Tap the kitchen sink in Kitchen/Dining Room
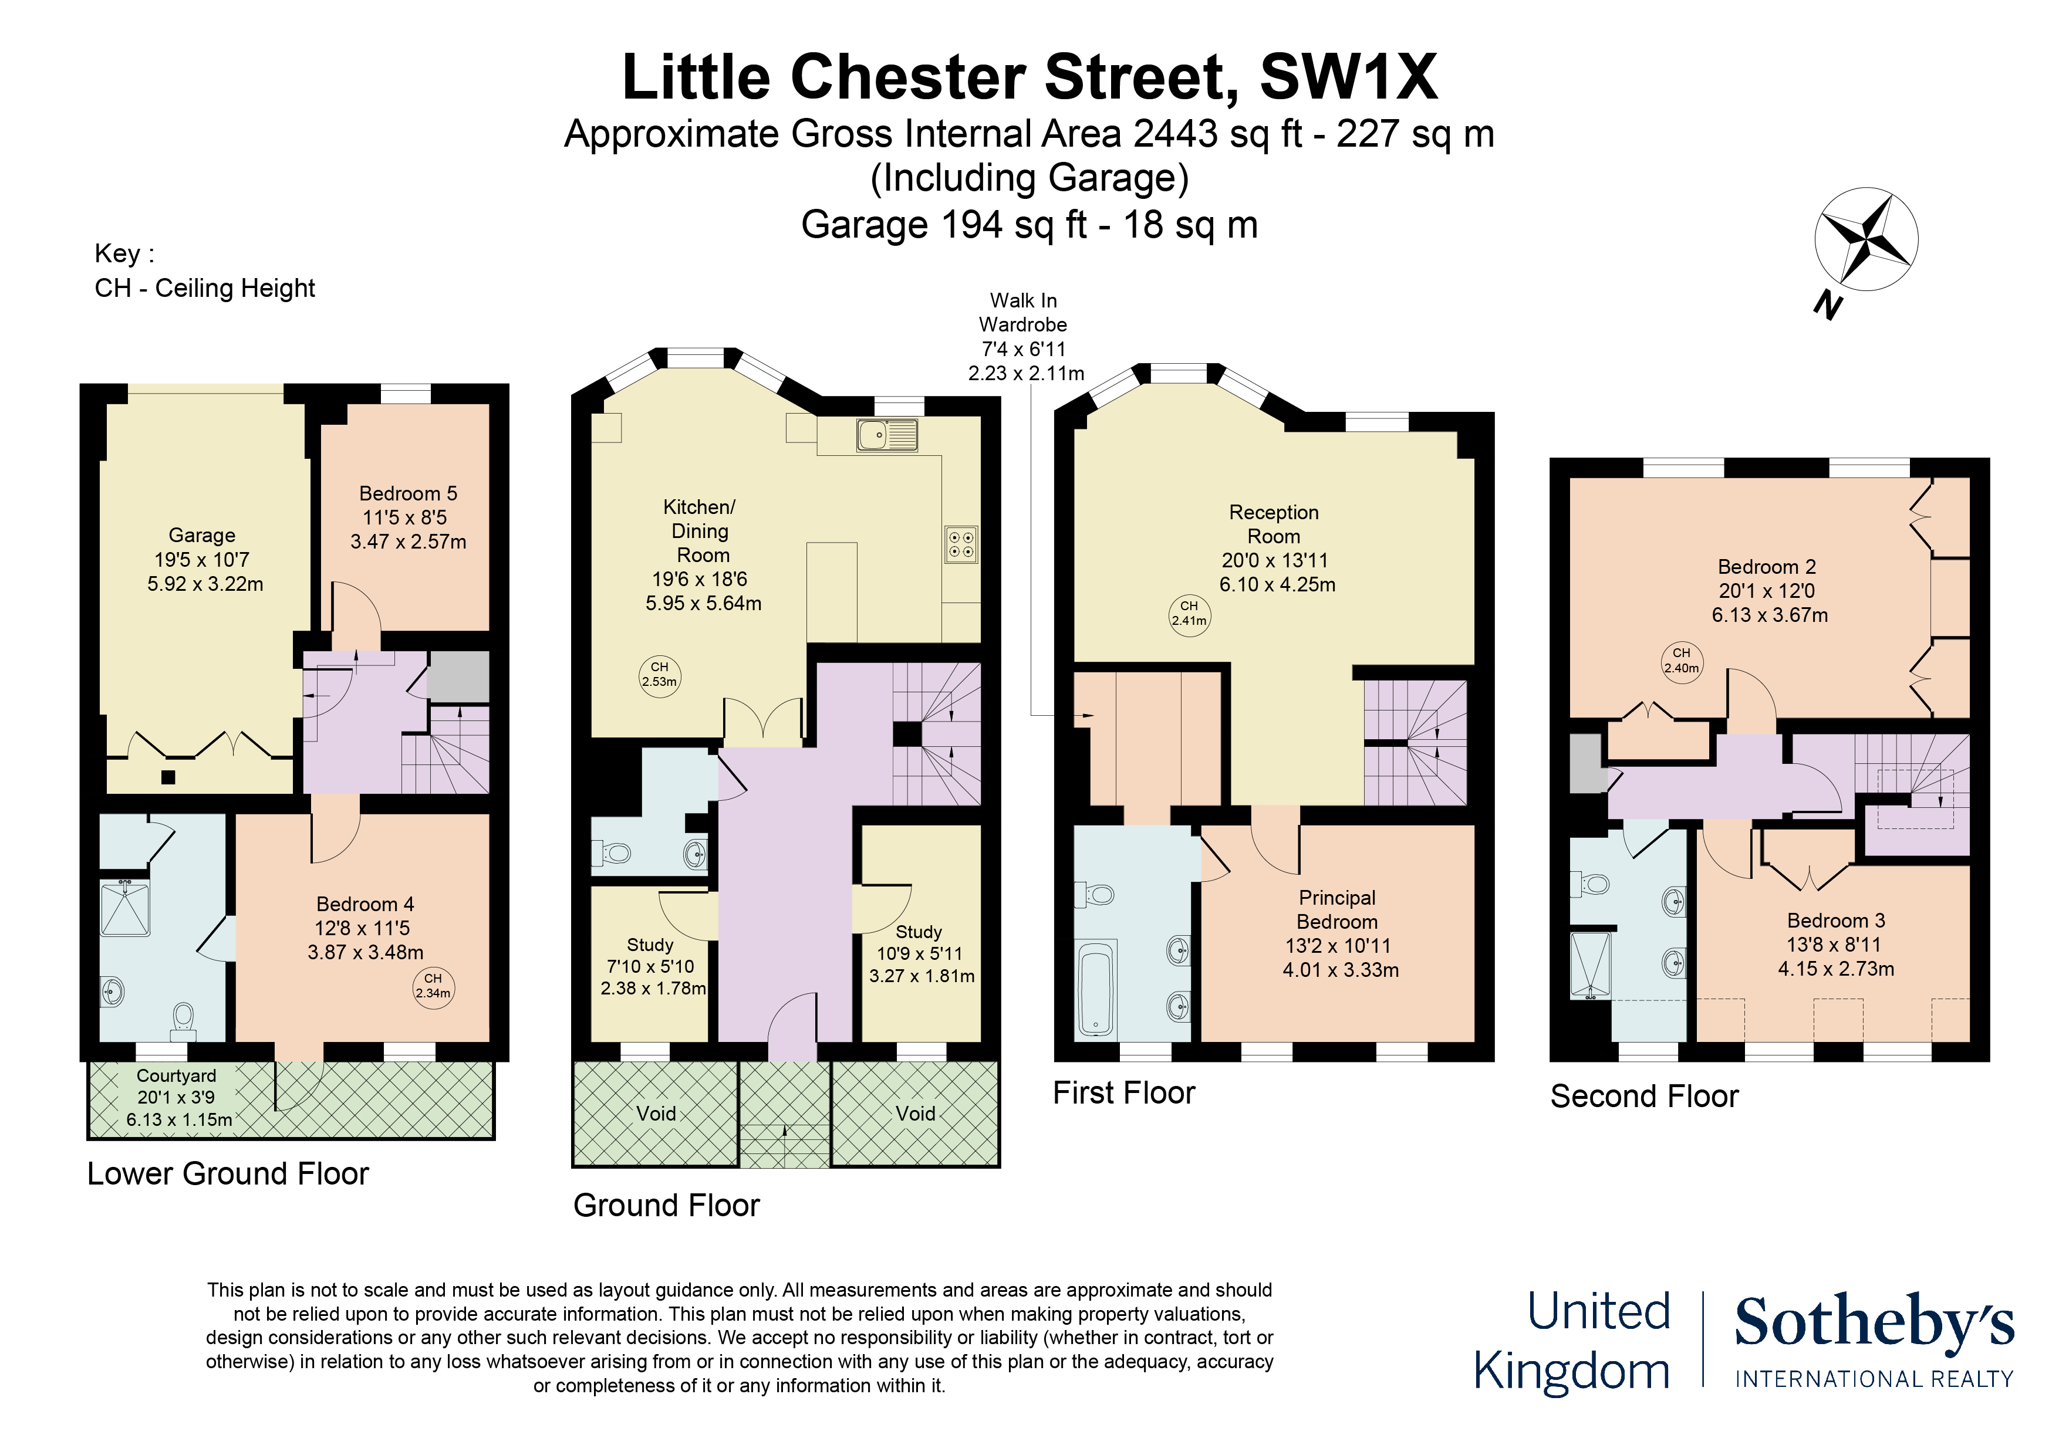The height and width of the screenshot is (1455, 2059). point(887,435)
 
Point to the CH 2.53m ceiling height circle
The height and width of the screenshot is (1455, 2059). point(659,674)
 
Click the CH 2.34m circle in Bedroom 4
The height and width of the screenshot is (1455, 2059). point(433,985)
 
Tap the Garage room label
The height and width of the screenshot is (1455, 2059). point(202,535)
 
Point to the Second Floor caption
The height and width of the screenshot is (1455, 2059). point(1644,1097)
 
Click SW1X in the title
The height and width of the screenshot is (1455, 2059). point(1349,78)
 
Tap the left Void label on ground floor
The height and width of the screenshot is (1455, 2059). point(656,1114)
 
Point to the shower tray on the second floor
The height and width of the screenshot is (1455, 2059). point(1590,966)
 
